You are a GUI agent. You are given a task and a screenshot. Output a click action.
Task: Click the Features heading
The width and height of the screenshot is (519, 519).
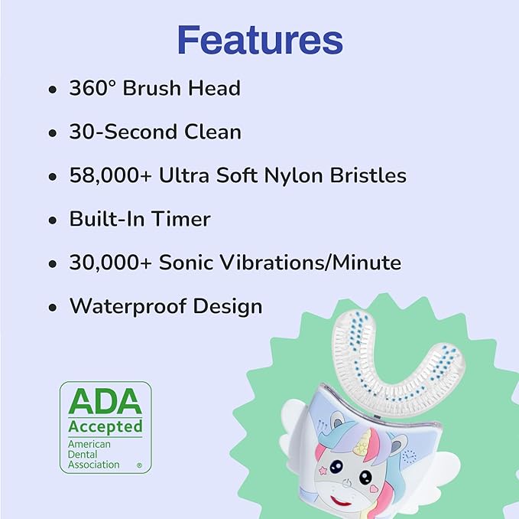tap(259, 39)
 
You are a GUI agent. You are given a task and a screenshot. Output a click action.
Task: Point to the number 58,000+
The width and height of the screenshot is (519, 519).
tap(110, 175)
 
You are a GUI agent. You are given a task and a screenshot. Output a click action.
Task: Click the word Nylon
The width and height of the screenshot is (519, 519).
tap(287, 175)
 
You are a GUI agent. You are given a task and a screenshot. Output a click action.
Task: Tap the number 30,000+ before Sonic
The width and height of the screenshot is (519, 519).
tap(110, 263)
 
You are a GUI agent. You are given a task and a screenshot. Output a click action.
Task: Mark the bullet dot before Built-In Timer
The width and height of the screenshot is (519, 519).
tap(52, 220)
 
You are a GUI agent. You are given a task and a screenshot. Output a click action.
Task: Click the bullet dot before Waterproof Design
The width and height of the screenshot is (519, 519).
tap(52, 308)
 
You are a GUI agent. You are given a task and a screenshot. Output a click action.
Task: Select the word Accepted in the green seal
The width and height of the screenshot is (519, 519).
tap(105, 426)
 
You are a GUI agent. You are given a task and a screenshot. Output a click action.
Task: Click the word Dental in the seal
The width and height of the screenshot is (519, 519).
tap(84, 454)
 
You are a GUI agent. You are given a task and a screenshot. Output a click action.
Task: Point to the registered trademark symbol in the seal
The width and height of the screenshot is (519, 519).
tap(138, 465)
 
